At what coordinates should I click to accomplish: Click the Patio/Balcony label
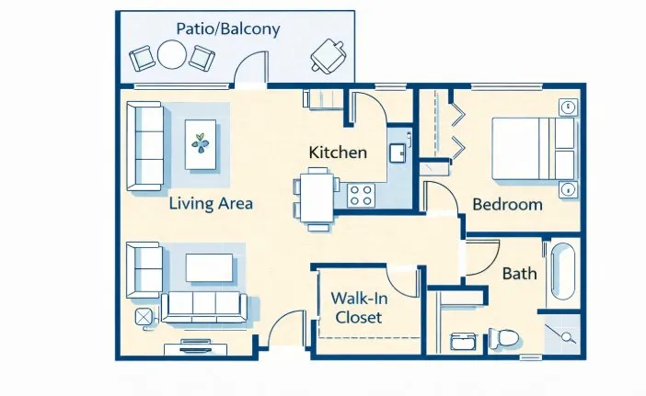pyautogui.click(x=228, y=28)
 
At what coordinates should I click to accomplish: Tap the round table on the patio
pyautogui.click(x=172, y=54)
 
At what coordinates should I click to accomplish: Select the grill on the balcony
pyautogui.click(x=329, y=56)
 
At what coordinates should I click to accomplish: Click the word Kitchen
pyautogui.click(x=338, y=153)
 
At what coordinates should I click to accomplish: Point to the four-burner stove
pyautogui.click(x=361, y=195)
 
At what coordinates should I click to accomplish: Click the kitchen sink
pyautogui.click(x=398, y=153)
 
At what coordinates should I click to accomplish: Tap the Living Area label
pyautogui.click(x=211, y=204)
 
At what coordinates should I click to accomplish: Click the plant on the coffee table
pyautogui.click(x=201, y=143)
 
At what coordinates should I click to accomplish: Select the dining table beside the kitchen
pyautogui.click(x=317, y=198)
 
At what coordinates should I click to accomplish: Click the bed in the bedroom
pyautogui.click(x=533, y=149)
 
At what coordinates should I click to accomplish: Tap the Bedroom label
pyautogui.click(x=507, y=204)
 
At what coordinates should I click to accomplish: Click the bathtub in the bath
pyautogui.click(x=563, y=271)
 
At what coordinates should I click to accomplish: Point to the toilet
pyautogui.click(x=503, y=338)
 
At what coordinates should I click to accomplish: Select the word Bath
pyautogui.click(x=520, y=274)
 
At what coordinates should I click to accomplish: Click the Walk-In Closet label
pyautogui.click(x=359, y=308)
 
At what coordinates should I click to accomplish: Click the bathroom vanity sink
pyautogui.click(x=464, y=341)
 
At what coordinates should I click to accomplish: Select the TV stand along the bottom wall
pyautogui.click(x=196, y=347)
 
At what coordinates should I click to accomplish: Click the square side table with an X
pyautogui.click(x=144, y=317)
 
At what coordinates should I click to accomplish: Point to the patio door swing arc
pyautogui.click(x=243, y=60)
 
